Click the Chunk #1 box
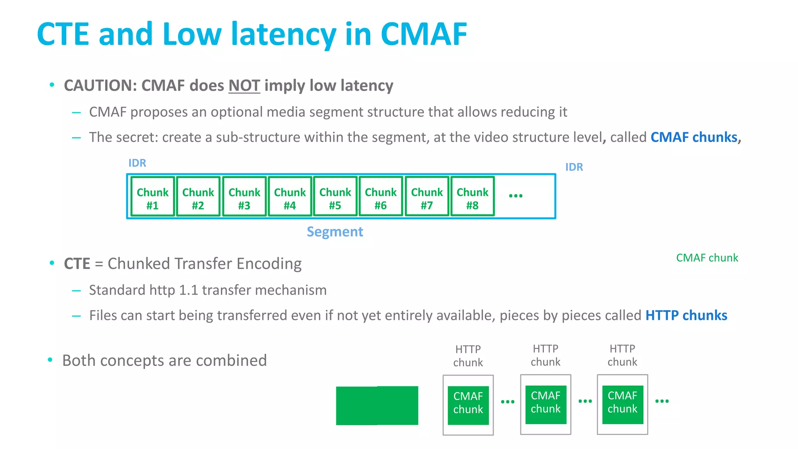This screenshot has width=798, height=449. (152, 196)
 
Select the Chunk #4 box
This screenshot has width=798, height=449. (290, 196)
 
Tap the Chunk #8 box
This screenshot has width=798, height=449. (472, 196)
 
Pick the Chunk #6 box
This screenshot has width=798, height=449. (381, 196)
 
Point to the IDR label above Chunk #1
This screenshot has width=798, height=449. (137, 163)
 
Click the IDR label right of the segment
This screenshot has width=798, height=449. (574, 167)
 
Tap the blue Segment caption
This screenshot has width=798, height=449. (335, 232)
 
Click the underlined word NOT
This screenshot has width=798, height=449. (244, 86)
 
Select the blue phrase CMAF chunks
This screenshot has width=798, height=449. (694, 137)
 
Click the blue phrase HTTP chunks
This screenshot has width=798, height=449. (686, 315)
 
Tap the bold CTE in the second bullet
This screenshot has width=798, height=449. (77, 264)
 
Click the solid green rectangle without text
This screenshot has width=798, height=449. (377, 405)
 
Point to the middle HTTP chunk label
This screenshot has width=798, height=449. (545, 355)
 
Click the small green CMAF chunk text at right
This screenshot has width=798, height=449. (707, 258)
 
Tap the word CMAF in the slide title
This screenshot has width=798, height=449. (424, 34)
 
